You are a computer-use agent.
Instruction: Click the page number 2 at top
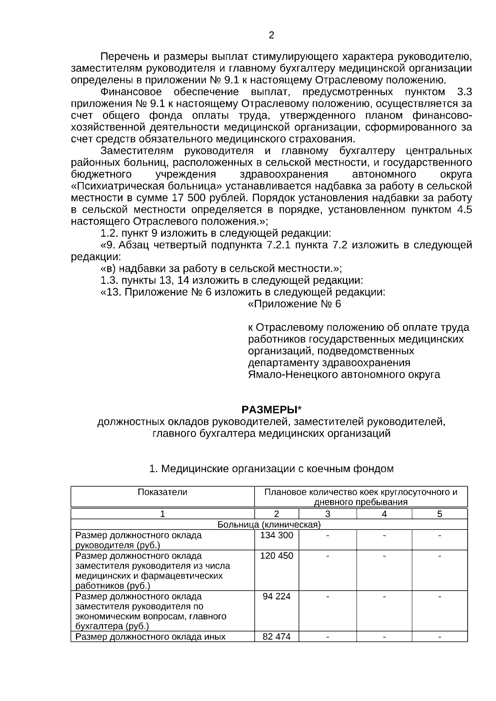(x=271, y=36)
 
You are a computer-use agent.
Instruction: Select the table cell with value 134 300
(x=277, y=535)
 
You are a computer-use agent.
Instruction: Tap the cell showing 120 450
(x=277, y=556)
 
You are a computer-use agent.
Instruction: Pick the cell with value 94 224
(x=277, y=596)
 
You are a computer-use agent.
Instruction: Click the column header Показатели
(x=162, y=492)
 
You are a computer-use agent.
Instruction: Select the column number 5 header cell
(x=439, y=514)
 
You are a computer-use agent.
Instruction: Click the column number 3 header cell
(x=327, y=514)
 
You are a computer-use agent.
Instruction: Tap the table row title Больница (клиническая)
(x=269, y=525)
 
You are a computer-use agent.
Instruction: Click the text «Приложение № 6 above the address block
(x=294, y=304)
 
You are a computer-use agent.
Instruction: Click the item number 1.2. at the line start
(x=110, y=233)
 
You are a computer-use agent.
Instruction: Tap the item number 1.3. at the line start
(x=110, y=281)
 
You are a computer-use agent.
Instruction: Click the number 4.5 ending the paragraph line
(x=464, y=210)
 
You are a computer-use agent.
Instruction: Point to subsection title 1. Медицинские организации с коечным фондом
(x=271, y=469)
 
